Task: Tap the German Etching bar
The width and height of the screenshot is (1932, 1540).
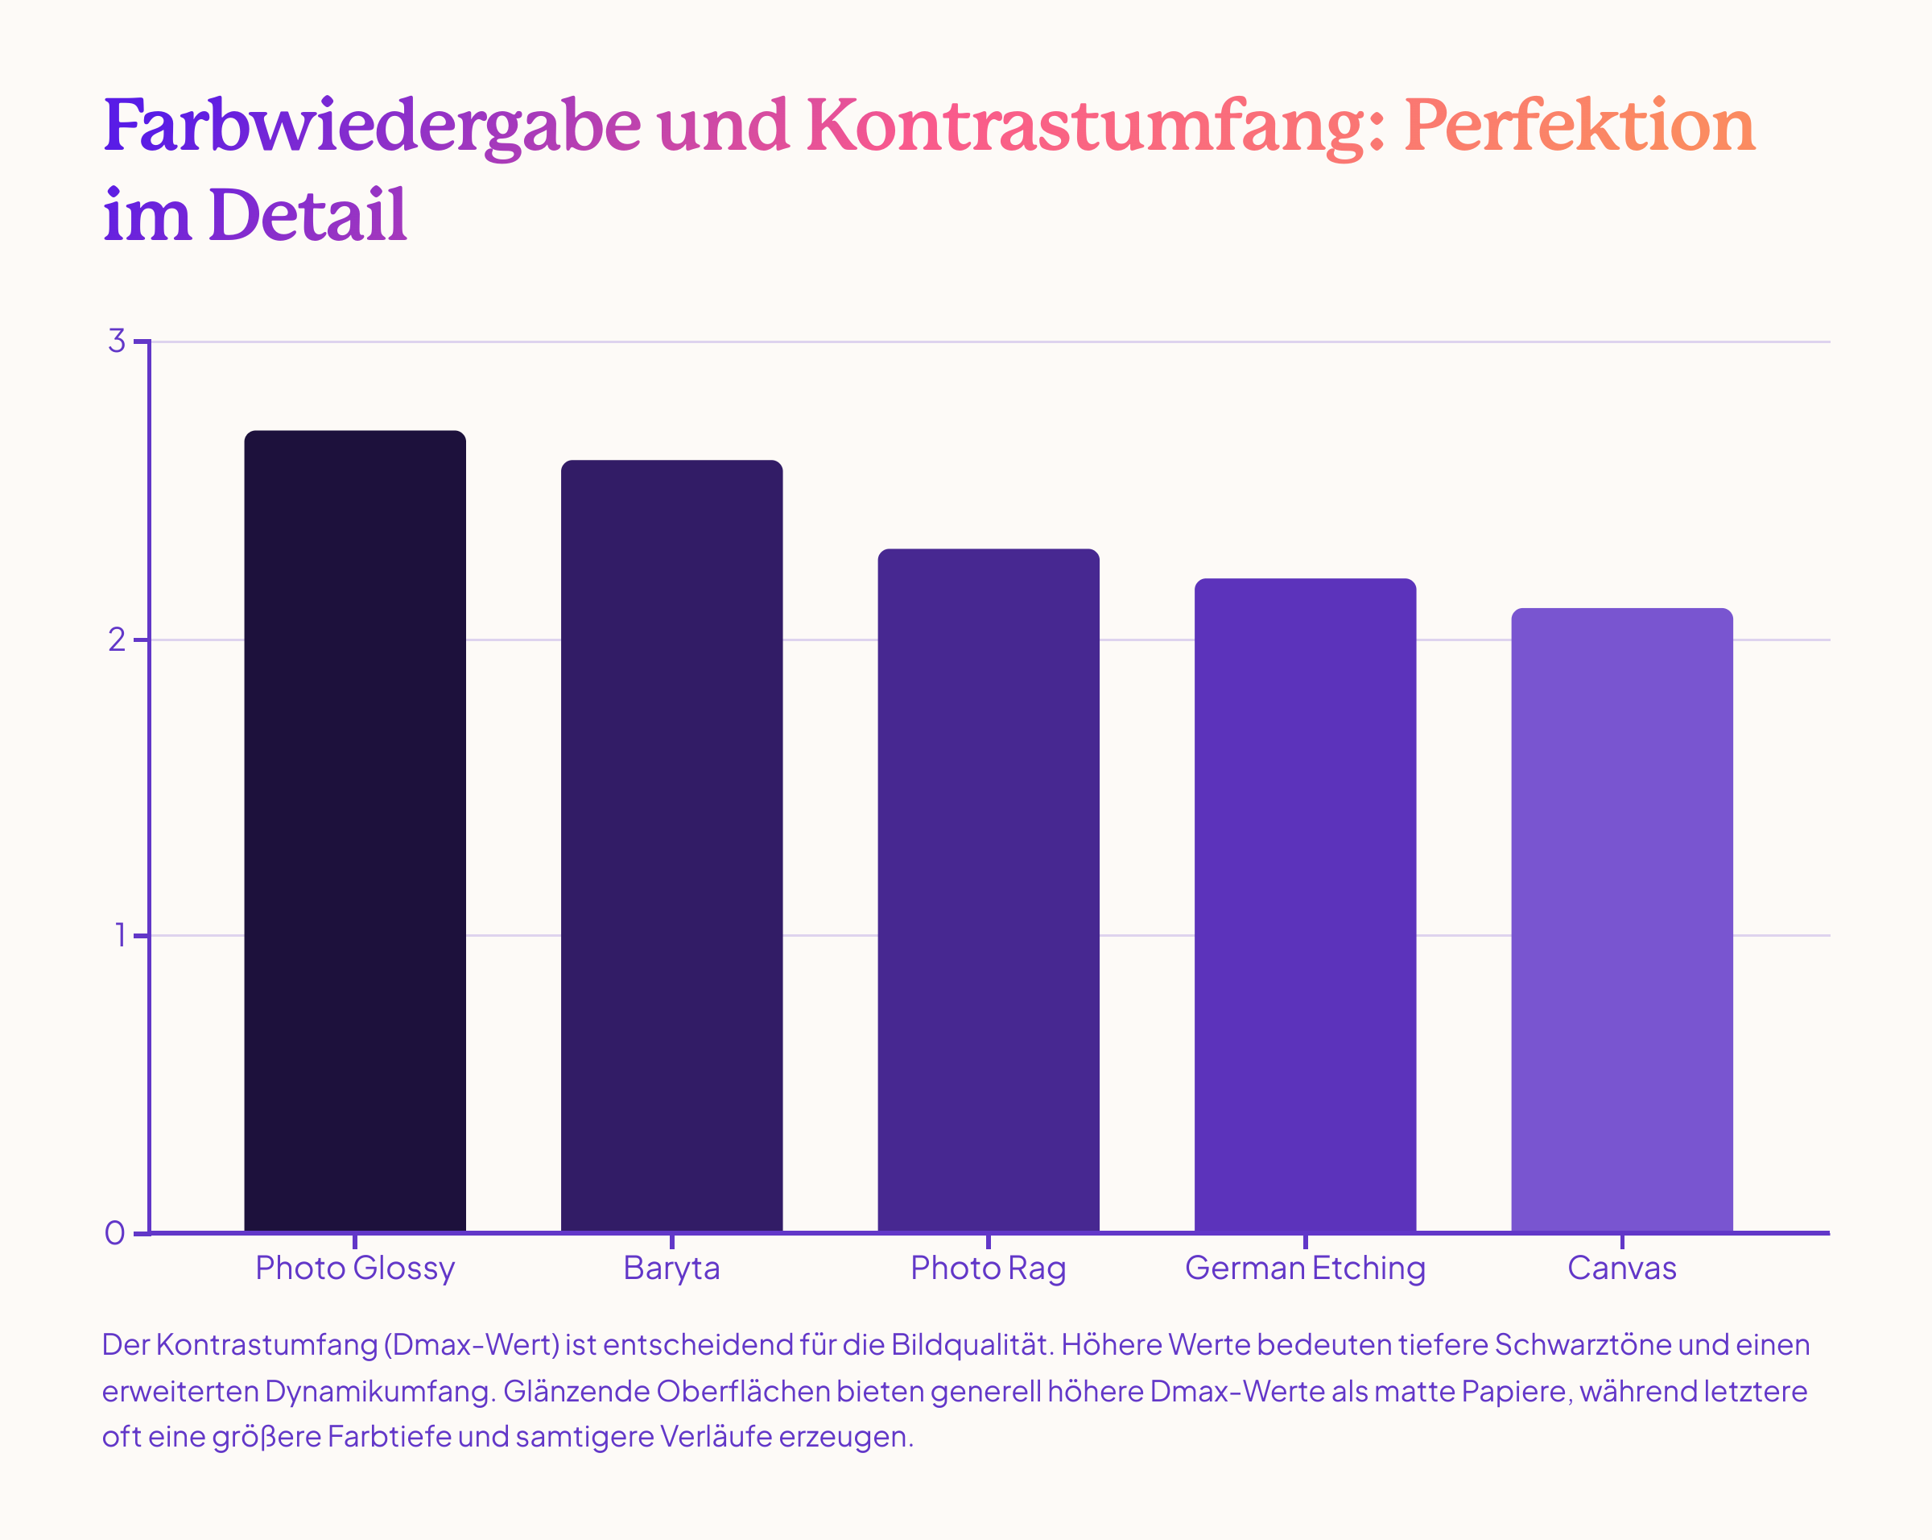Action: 1305,905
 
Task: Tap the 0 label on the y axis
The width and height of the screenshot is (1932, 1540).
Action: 114,1233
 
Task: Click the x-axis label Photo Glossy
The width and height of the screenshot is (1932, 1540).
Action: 355,1269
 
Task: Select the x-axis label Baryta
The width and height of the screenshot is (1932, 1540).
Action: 671,1269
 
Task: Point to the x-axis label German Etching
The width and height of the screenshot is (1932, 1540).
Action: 1305,1269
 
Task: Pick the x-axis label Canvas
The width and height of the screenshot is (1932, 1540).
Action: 1622,1269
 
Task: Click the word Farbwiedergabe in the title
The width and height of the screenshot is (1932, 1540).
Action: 372,126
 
